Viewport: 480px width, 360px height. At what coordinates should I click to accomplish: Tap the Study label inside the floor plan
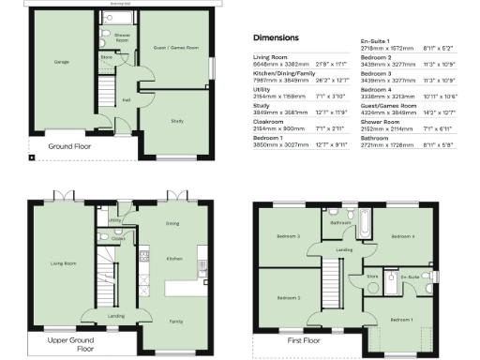tap(177, 120)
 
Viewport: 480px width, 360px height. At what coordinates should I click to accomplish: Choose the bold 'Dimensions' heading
tap(277, 38)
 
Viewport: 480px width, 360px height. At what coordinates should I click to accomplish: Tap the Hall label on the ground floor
tap(126, 98)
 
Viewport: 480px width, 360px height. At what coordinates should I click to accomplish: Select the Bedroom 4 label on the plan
tap(403, 236)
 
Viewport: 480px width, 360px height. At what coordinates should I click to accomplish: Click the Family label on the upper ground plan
tap(175, 321)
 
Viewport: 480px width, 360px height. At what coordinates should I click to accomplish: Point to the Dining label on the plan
tap(172, 223)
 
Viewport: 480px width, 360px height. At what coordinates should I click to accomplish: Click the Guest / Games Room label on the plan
tap(177, 47)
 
